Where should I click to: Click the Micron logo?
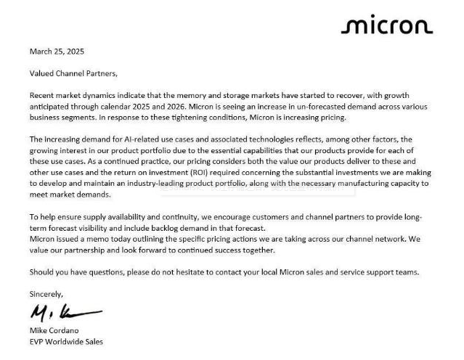(386, 27)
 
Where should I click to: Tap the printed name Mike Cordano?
(55, 330)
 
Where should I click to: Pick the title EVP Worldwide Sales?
(66, 341)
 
